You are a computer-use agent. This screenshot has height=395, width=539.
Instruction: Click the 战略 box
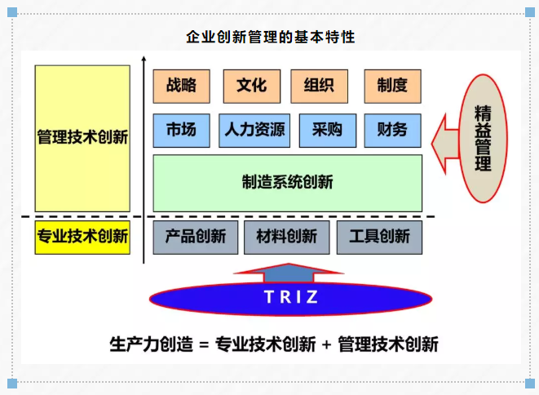(x=181, y=84)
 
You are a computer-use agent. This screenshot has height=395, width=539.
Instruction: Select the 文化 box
(x=251, y=84)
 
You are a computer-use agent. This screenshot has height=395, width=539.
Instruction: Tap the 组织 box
(x=319, y=84)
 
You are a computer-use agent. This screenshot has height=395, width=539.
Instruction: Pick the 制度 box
(x=391, y=84)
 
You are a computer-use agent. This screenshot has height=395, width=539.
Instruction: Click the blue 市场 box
(x=181, y=129)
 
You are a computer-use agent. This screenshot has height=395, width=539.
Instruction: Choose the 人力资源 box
(x=255, y=129)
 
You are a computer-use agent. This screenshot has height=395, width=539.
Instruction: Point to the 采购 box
(x=327, y=129)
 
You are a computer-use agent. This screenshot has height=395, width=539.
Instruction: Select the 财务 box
(x=392, y=129)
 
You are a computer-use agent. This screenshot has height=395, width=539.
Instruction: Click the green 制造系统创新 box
(x=287, y=182)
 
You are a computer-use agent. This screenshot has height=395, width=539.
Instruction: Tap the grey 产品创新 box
(x=195, y=237)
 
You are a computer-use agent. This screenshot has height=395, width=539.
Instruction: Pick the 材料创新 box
(x=286, y=237)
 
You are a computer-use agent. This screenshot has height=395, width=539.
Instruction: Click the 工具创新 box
(x=379, y=237)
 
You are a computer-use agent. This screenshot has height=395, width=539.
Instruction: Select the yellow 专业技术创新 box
(x=82, y=237)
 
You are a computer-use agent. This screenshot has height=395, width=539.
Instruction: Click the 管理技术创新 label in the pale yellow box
(x=82, y=137)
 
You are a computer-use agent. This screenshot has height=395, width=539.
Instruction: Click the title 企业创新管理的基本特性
(x=271, y=38)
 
